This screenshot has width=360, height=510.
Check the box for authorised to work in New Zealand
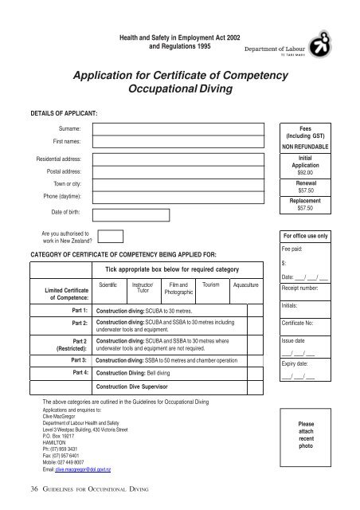112,235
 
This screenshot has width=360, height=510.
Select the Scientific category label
108,284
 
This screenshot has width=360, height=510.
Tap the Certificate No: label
298,324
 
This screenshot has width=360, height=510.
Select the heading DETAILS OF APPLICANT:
63,112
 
